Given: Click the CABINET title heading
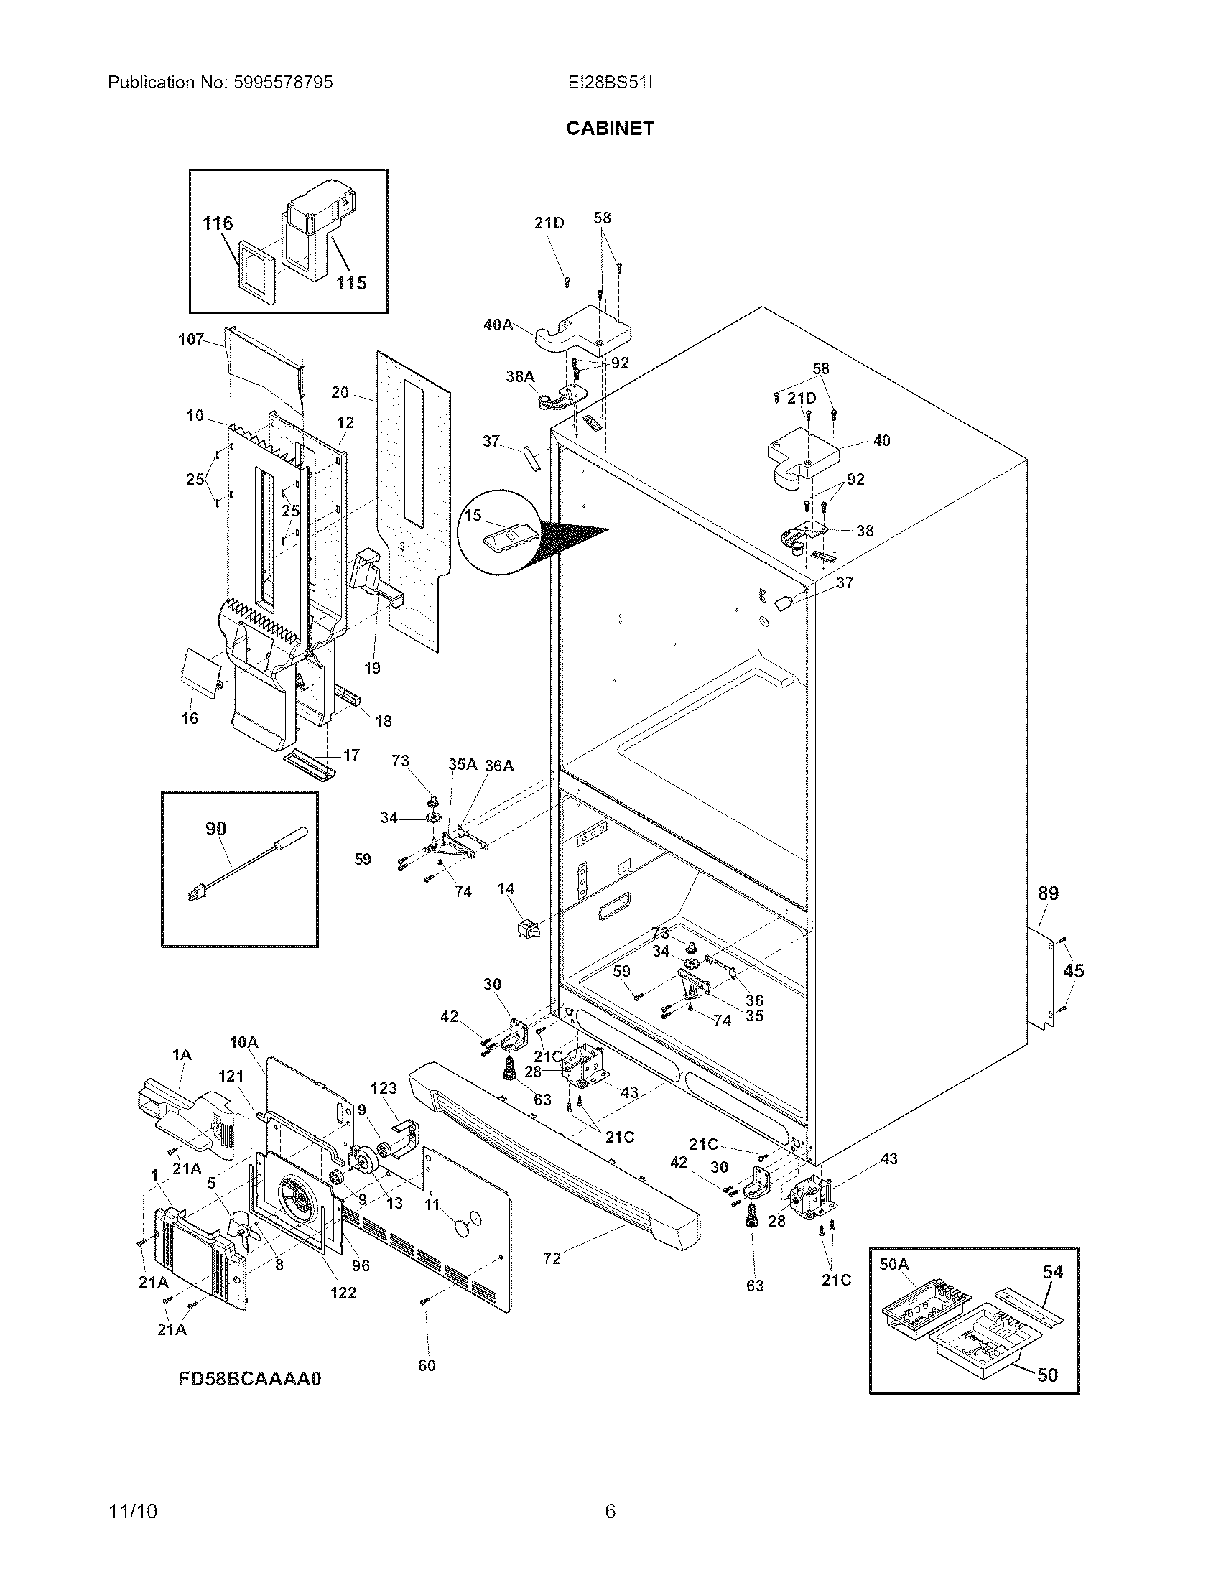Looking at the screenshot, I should [610, 128].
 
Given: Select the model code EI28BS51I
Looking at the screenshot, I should [610, 83].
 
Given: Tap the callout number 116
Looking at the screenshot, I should [218, 223].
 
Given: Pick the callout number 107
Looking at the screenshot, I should [191, 339].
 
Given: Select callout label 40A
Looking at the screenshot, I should [498, 325].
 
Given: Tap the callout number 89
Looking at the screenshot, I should [1048, 893].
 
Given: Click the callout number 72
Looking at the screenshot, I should [552, 1259].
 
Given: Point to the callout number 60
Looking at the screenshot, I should [427, 1365].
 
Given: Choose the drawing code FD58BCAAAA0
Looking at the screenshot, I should [249, 1379].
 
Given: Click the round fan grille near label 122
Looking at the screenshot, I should [297, 1199].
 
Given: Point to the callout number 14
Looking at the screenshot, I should [506, 888].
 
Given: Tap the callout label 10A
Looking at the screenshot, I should [243, 1043].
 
